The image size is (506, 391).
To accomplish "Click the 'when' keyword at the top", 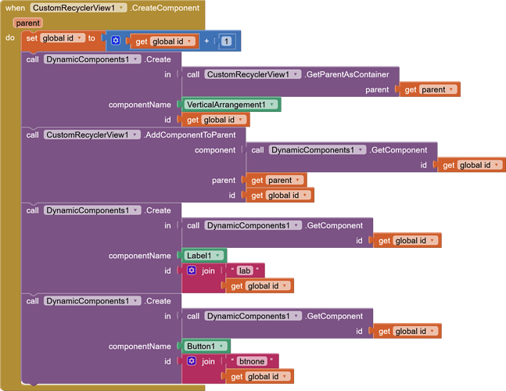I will click(15, 8).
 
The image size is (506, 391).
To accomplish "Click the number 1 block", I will click(226, 41).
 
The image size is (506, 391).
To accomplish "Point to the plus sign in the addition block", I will click(206, 41).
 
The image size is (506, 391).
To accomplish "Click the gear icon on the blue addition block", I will click(116, 41).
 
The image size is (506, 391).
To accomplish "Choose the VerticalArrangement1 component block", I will click(231, 105).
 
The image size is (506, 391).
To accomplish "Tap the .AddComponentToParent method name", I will click(195, 135).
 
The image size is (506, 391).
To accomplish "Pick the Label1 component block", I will click(205, 256).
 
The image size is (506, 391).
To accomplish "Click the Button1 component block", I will click(206, 346).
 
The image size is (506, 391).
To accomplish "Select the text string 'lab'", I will click(244, 271).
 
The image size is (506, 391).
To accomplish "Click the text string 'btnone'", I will click(251, 361).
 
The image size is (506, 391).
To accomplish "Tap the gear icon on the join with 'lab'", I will click(192, 271).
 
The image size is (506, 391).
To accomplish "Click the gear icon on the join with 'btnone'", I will click(192, 361).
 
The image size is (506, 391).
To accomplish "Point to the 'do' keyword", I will click(10, 38).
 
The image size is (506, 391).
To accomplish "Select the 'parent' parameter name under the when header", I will click(27, 23).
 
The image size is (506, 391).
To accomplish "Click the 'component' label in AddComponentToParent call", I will click(215, 150).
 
